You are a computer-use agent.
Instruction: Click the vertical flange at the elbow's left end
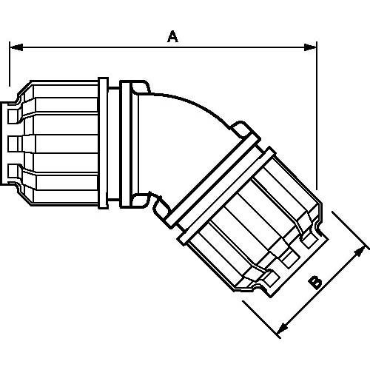(x=137, y=141)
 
